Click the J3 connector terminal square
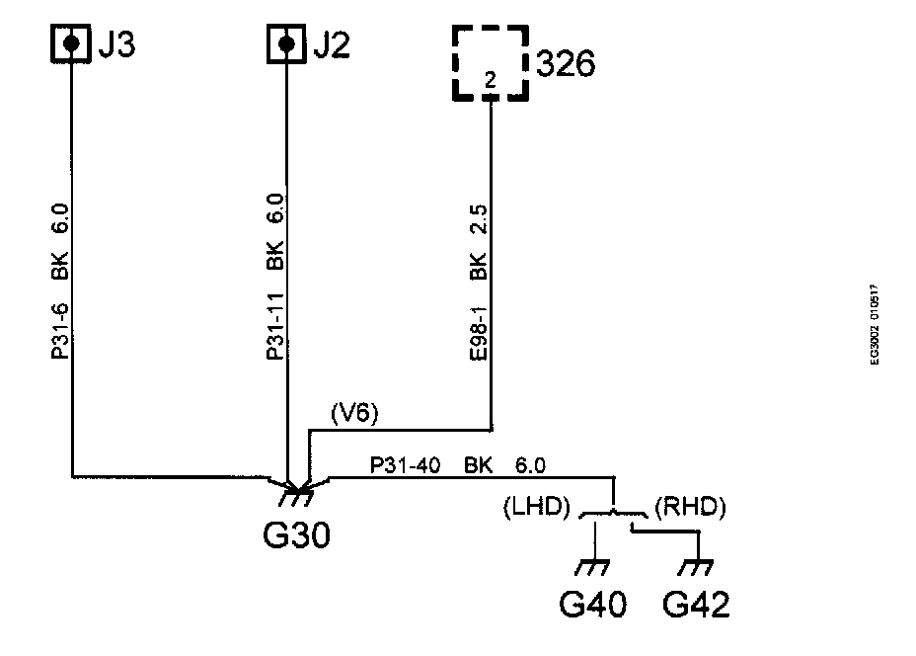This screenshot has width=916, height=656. point(71,44)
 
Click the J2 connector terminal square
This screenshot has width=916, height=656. point(286,44)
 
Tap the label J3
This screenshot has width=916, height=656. point(118,45)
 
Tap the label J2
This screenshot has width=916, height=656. point(333,45)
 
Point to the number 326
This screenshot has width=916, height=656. point(566,67)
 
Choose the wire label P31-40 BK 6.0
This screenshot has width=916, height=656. point(458,464)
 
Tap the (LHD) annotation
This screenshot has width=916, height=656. point(537,509)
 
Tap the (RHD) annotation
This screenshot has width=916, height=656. point(690,509)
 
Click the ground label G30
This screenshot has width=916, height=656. point(297,535)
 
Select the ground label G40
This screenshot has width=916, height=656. point(593,603)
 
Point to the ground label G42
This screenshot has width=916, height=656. point(698,603)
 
